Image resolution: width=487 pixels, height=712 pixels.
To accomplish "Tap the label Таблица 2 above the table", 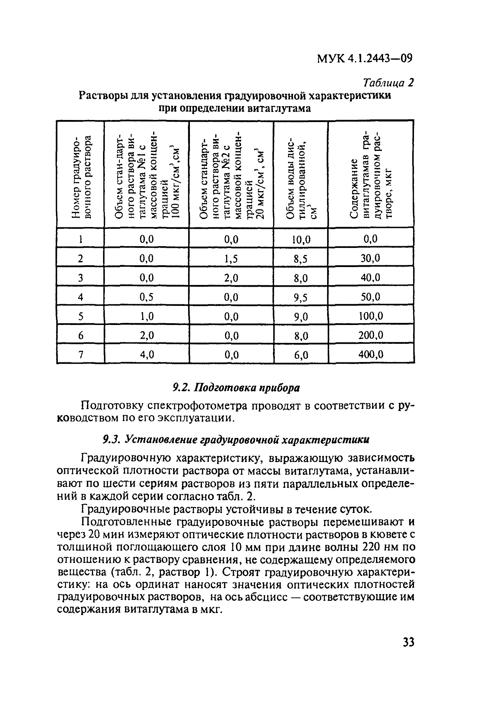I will pyautogui.click(x=388, y=83).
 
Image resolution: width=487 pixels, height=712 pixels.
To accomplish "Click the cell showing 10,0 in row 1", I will pyautogui.click(x=301, y=239).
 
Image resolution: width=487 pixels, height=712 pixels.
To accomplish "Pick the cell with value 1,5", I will pyautogui.click(x=231, y=259).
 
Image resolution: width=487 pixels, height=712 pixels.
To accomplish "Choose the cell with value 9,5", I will pyautogui.click(x=301, y=297).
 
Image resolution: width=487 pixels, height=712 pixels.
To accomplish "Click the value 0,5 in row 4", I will pyautogui.click(x=147, y=297).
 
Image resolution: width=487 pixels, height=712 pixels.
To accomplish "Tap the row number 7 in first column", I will pyautogui.click(x=81, y=355).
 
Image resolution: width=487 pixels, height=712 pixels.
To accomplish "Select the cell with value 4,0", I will pyautogui.click(x=147, y=354).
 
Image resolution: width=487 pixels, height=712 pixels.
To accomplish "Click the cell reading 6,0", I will pyautogui.click(x=301, y=355).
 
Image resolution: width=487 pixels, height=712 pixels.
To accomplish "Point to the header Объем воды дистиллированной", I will pyautogui.click(x=301, y=178).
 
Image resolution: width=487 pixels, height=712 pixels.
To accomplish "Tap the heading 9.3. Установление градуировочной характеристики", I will pyautogui.click(x=236, y=440).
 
